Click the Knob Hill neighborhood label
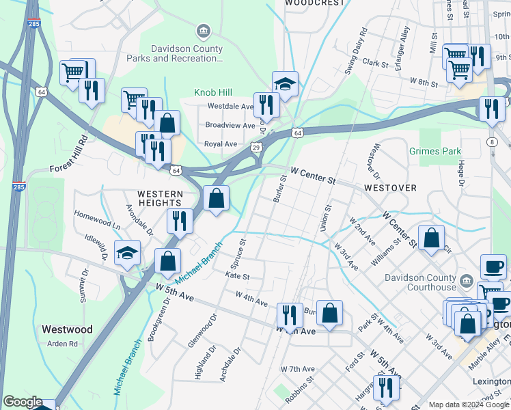click(213, 92)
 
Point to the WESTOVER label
click(390, 187)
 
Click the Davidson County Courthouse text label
click(419, 282)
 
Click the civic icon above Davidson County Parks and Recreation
click(203, 31)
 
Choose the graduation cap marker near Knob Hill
click(286, 84)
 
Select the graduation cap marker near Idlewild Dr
click(127, 253)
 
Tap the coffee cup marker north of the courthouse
click(493, 266)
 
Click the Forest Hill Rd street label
click(76, 152)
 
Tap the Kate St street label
click(237, 277)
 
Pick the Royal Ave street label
click(221, 144)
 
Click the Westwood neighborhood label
click(67, 329)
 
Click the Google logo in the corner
click(23, 402)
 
